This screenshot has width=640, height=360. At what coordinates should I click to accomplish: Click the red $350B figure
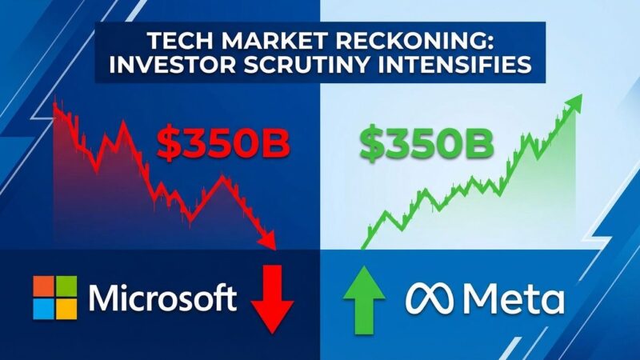[x=222, y=143]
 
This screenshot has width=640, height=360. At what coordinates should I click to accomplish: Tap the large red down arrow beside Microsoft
[x=273, y=301]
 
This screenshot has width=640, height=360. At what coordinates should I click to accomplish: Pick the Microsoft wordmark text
[x=163, y=298]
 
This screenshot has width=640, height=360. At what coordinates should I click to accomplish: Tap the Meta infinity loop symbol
[x=432, y=300]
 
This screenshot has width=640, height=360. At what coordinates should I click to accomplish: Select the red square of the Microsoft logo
[x=44, y=286]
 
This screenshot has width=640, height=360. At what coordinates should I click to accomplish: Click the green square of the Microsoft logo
[x=66, y=286]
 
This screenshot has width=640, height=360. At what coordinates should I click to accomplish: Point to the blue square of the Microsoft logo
[x=44, y=309]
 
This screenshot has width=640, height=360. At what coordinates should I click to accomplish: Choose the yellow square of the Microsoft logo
[x=66, y=309]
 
